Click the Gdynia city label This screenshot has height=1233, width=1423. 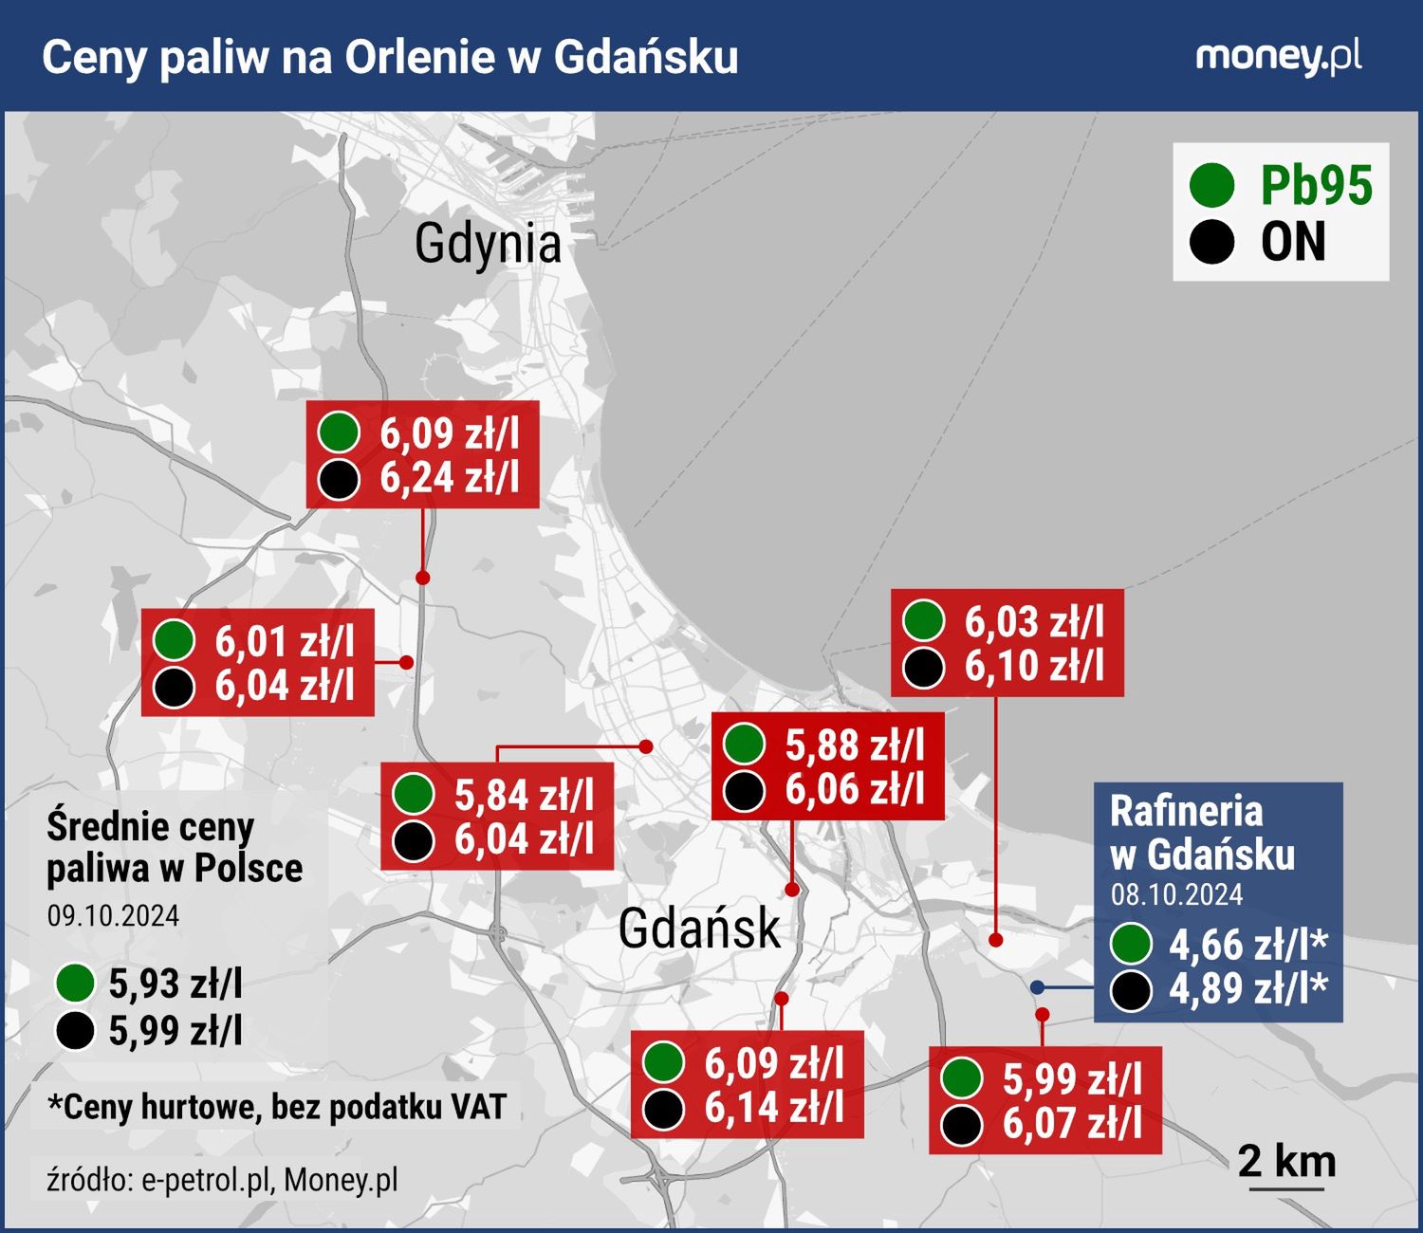click(x=488, y=243)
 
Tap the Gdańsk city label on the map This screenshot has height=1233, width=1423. click(x=699, y=927)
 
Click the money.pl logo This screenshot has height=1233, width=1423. click(x=1278, y=57)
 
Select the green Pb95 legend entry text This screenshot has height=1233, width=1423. click(x=1316, y=185)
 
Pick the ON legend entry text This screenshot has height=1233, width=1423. click(x=1293, y=242)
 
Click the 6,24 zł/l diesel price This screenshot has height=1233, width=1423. click(x=450, y=477)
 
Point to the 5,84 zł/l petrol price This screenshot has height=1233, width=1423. click(x=524, y=795)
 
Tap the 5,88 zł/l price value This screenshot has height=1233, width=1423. click(x=854, y=745)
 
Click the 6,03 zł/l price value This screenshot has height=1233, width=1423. click(x=1034, y=622)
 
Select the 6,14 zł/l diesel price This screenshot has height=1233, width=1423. click(x=773, y=1107)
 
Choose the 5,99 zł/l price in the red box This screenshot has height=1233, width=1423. click(x=1072, y=1079)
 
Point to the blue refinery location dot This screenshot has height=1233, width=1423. click(x=1038, y=987)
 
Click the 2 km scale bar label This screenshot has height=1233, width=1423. click(x=1286, y=1161)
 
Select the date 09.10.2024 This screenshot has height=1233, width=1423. click(x=113, y=915)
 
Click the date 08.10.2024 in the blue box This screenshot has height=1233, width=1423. click(x=1176, y=894)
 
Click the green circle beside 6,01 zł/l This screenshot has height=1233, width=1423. click(x=174, y=640)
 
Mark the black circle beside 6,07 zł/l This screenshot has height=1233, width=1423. click(x=962, y=1125)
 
